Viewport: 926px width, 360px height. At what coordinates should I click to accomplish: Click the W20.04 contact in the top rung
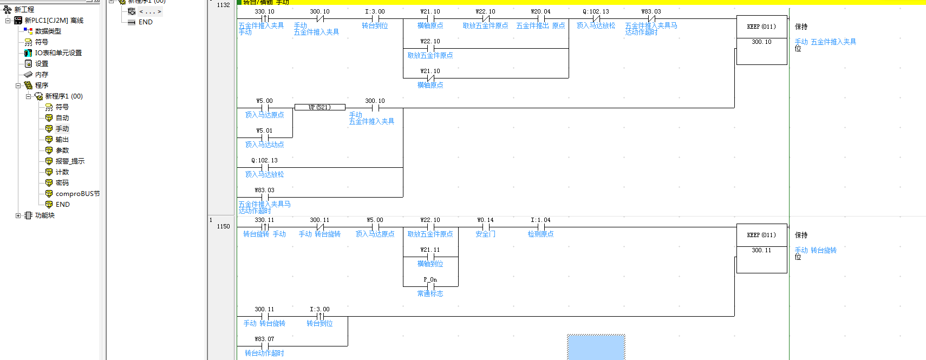pyautogui.click(x=540, y=19)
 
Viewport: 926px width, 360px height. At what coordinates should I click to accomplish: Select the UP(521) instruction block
pyautogui.click(x=319, y=107)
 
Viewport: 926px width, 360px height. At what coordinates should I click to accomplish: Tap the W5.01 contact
pyautogui.click(x=265, y=138)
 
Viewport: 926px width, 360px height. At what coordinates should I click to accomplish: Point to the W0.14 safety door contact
pyautogui.click(x=485, y=227)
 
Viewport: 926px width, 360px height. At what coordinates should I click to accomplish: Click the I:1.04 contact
pyautogui.click(x=540, y=227)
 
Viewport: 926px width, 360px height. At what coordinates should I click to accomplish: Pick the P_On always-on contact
pyautogui.click(x=431, y=286)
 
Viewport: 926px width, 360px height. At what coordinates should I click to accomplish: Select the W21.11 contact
pyautogui.click(x=431, y=257)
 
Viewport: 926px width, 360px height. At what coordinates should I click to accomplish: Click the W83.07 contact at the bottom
pyautogui.click(x=265, y=346)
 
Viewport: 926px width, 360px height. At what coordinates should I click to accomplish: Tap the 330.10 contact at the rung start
pyautogui.click(x=265, y=19)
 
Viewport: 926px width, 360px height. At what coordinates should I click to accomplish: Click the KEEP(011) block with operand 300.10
pyautogui.click(x=761, y=40)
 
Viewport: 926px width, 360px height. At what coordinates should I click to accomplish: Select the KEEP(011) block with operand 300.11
pyautogui.click(x=761, y=248)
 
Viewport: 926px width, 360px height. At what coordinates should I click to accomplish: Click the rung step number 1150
pyautogui.click(x=223, y=226)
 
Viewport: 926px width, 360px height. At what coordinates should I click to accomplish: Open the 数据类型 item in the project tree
pyautogui.click(x=48, y=31)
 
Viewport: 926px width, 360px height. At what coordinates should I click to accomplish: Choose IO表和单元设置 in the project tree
pyautogui.click(x=58, y=53)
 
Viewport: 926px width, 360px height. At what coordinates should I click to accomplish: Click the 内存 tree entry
pyautogui.click(x=42, y=75)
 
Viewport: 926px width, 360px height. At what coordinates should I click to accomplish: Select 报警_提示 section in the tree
pyautogui.click(x=70, y=161)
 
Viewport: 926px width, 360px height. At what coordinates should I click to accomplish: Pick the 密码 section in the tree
pyautogui.click(x=62, y=183)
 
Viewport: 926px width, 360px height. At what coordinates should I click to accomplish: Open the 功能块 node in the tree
pyautogui.click(x=44, y=215)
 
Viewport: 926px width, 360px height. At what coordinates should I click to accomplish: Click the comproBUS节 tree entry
pyautogui.click(x=77, y=194)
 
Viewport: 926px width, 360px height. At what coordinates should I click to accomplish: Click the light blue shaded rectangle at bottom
pyautogui.click(x=596, y=347)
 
